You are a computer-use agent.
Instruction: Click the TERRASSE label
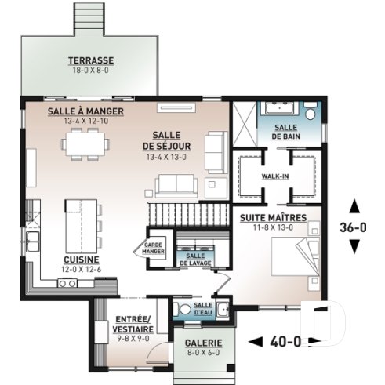click(90, 60)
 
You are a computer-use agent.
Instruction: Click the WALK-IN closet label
click(275, 176)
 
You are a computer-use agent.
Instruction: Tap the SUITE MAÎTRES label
click(274, 216)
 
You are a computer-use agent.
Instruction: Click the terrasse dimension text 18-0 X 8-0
click(90, 70)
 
